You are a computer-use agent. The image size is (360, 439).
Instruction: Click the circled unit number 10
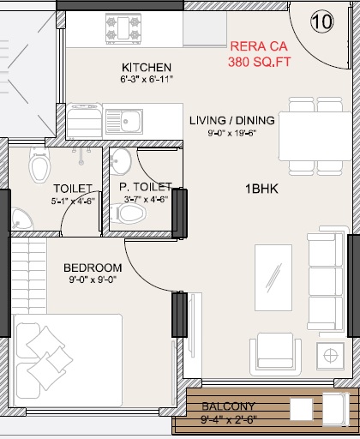(x=322, y=21)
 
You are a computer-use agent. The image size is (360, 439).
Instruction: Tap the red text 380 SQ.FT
(x=260, y=62)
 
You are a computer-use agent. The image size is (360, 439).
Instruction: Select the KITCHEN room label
(x=147, y=68)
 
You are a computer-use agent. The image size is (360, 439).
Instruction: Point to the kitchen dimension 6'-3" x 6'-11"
(x=147, y=79)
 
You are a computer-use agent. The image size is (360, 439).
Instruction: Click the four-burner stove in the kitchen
(x=123, y=28)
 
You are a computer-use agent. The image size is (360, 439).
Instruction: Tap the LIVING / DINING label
(x=232, y=120)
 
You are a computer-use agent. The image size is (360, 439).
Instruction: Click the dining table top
(x=315, y=136)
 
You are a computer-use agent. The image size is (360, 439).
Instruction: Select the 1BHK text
(x=261, y=189)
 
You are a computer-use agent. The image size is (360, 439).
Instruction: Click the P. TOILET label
(x=146, y=187)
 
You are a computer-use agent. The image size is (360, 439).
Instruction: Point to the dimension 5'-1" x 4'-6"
(x=73, y=201)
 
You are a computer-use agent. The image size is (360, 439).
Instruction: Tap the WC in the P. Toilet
(x=128, y=213)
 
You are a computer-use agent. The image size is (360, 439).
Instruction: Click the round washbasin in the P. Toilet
(x=121, y=161)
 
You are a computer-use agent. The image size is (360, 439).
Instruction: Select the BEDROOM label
(x=93, y=268)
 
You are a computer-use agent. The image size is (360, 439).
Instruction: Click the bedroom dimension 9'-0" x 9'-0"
(x=93, y=280)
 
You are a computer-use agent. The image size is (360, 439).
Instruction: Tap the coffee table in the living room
(x=273, y=278)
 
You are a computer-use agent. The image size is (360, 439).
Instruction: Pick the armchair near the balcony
(x=275, y=354)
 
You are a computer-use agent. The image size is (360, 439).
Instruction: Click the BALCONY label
(x=228, y=406)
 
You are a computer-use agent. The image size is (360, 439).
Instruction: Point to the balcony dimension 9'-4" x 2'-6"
(x=229, y=420)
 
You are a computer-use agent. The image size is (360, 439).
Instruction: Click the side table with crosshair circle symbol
(x=330, y=356)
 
